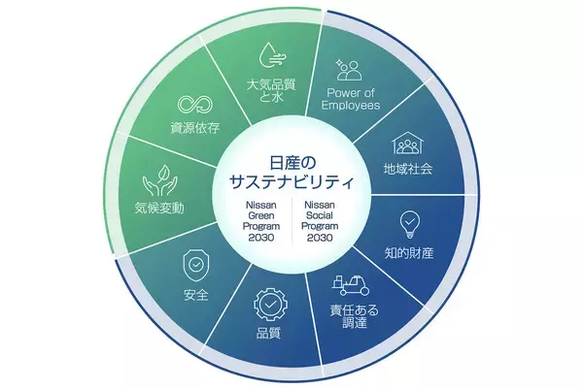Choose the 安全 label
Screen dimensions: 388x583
click(x=195, y=294)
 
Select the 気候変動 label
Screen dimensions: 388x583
click(x=159, y=208)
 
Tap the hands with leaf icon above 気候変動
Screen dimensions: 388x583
click(x=159, y=180)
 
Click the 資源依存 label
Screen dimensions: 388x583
click(x=190, y=126)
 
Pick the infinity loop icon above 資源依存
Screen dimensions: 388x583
click(x=190, y=103)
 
